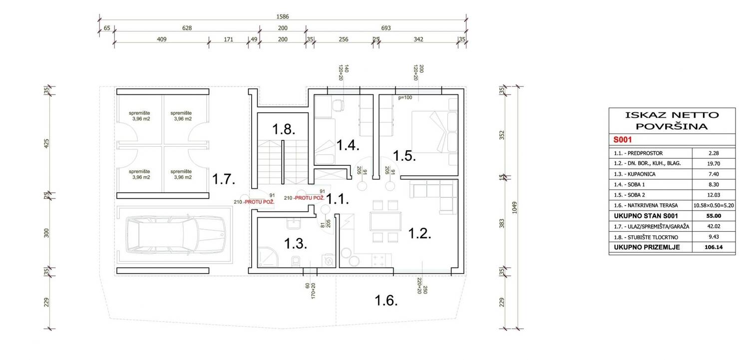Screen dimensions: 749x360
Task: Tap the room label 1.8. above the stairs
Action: pos(284,129)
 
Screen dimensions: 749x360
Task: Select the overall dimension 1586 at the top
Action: pos(283,16)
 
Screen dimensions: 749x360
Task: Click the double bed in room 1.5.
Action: pos(434,132)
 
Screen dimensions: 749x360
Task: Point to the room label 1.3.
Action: pos(296,244)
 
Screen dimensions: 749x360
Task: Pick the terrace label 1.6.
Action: pos(386,301)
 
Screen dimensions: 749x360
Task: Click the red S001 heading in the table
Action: pos(623,139)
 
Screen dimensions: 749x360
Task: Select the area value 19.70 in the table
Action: pos(714,163)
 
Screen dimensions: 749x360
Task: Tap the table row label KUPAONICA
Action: pos(641,174)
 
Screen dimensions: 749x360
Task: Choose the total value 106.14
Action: pos(714,247)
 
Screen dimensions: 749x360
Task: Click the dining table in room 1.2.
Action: pos(385,221)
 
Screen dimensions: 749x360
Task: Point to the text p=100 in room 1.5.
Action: pos(405,97)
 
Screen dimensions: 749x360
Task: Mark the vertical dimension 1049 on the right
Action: pos(514,208)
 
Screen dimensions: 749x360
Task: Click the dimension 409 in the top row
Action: pos(161,39)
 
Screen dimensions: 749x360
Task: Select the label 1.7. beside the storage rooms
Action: pos(224,179)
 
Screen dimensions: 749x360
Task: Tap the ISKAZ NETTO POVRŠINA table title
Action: pos(672,121)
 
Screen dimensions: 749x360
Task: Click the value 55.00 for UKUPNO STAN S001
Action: pos(714,216)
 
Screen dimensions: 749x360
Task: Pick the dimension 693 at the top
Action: pos(386,28)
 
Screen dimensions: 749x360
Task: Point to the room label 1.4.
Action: pos(348,145)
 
